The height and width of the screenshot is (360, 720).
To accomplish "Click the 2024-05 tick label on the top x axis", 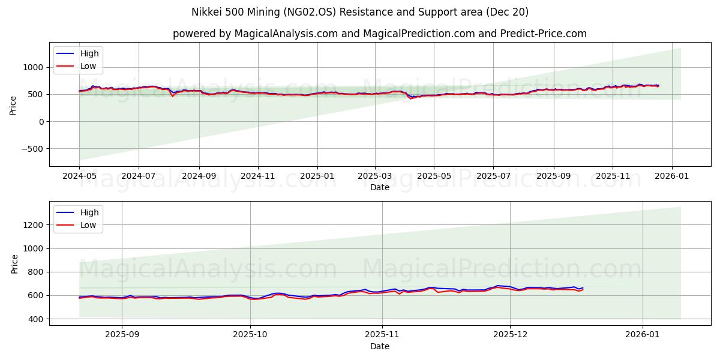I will point(79,176).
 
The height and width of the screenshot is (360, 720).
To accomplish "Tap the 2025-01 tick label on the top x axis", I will point(317,176).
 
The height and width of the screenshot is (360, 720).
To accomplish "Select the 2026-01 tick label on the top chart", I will point(671,176).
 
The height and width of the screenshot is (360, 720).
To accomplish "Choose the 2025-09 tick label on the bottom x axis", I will point(122,335).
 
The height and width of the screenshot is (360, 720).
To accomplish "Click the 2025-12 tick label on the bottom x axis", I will point(510,335).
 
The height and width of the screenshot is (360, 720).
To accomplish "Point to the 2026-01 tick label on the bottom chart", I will point(643,335).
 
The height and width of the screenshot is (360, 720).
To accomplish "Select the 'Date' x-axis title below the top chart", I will point(379,187).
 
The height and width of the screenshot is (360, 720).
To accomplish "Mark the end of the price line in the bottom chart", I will point(583,288).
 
